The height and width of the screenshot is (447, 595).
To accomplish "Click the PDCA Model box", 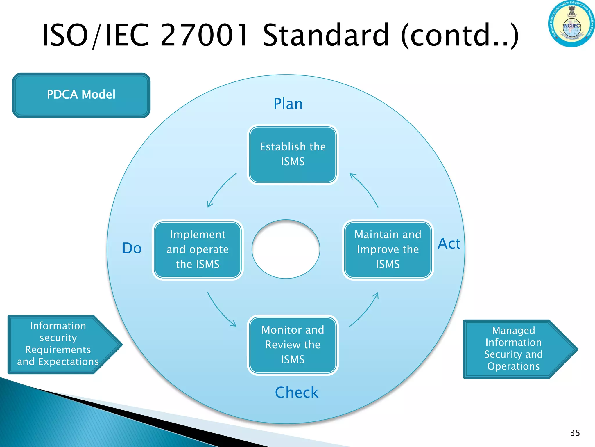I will [81, 95].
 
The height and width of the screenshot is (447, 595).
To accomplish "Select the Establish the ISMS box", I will [293, 155].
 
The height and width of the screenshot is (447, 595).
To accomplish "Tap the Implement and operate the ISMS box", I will [198, 250].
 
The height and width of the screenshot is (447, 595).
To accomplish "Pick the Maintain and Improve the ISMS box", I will [388, 250].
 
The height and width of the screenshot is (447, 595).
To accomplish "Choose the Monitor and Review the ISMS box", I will [293, 345].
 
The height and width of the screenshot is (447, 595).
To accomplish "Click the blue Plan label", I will [288, 104].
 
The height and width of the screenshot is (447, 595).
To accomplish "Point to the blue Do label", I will [132, 248].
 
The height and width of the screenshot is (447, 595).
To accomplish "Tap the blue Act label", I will [449, 244].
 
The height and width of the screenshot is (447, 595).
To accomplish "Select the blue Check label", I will [297, 392].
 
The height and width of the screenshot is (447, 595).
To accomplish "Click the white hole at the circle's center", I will [286, 249].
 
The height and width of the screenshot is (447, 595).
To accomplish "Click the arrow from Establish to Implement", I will [220, 189].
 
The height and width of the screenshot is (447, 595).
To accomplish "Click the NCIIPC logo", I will [571, 24].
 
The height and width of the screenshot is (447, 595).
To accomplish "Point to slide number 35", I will [575, 433].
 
